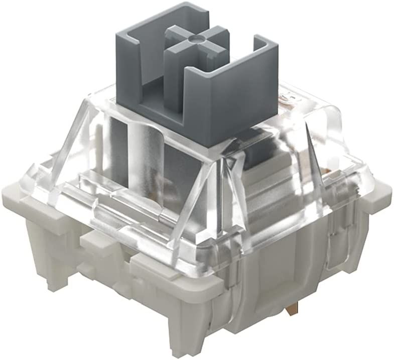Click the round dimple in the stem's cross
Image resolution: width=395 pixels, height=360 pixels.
point(194,37)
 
